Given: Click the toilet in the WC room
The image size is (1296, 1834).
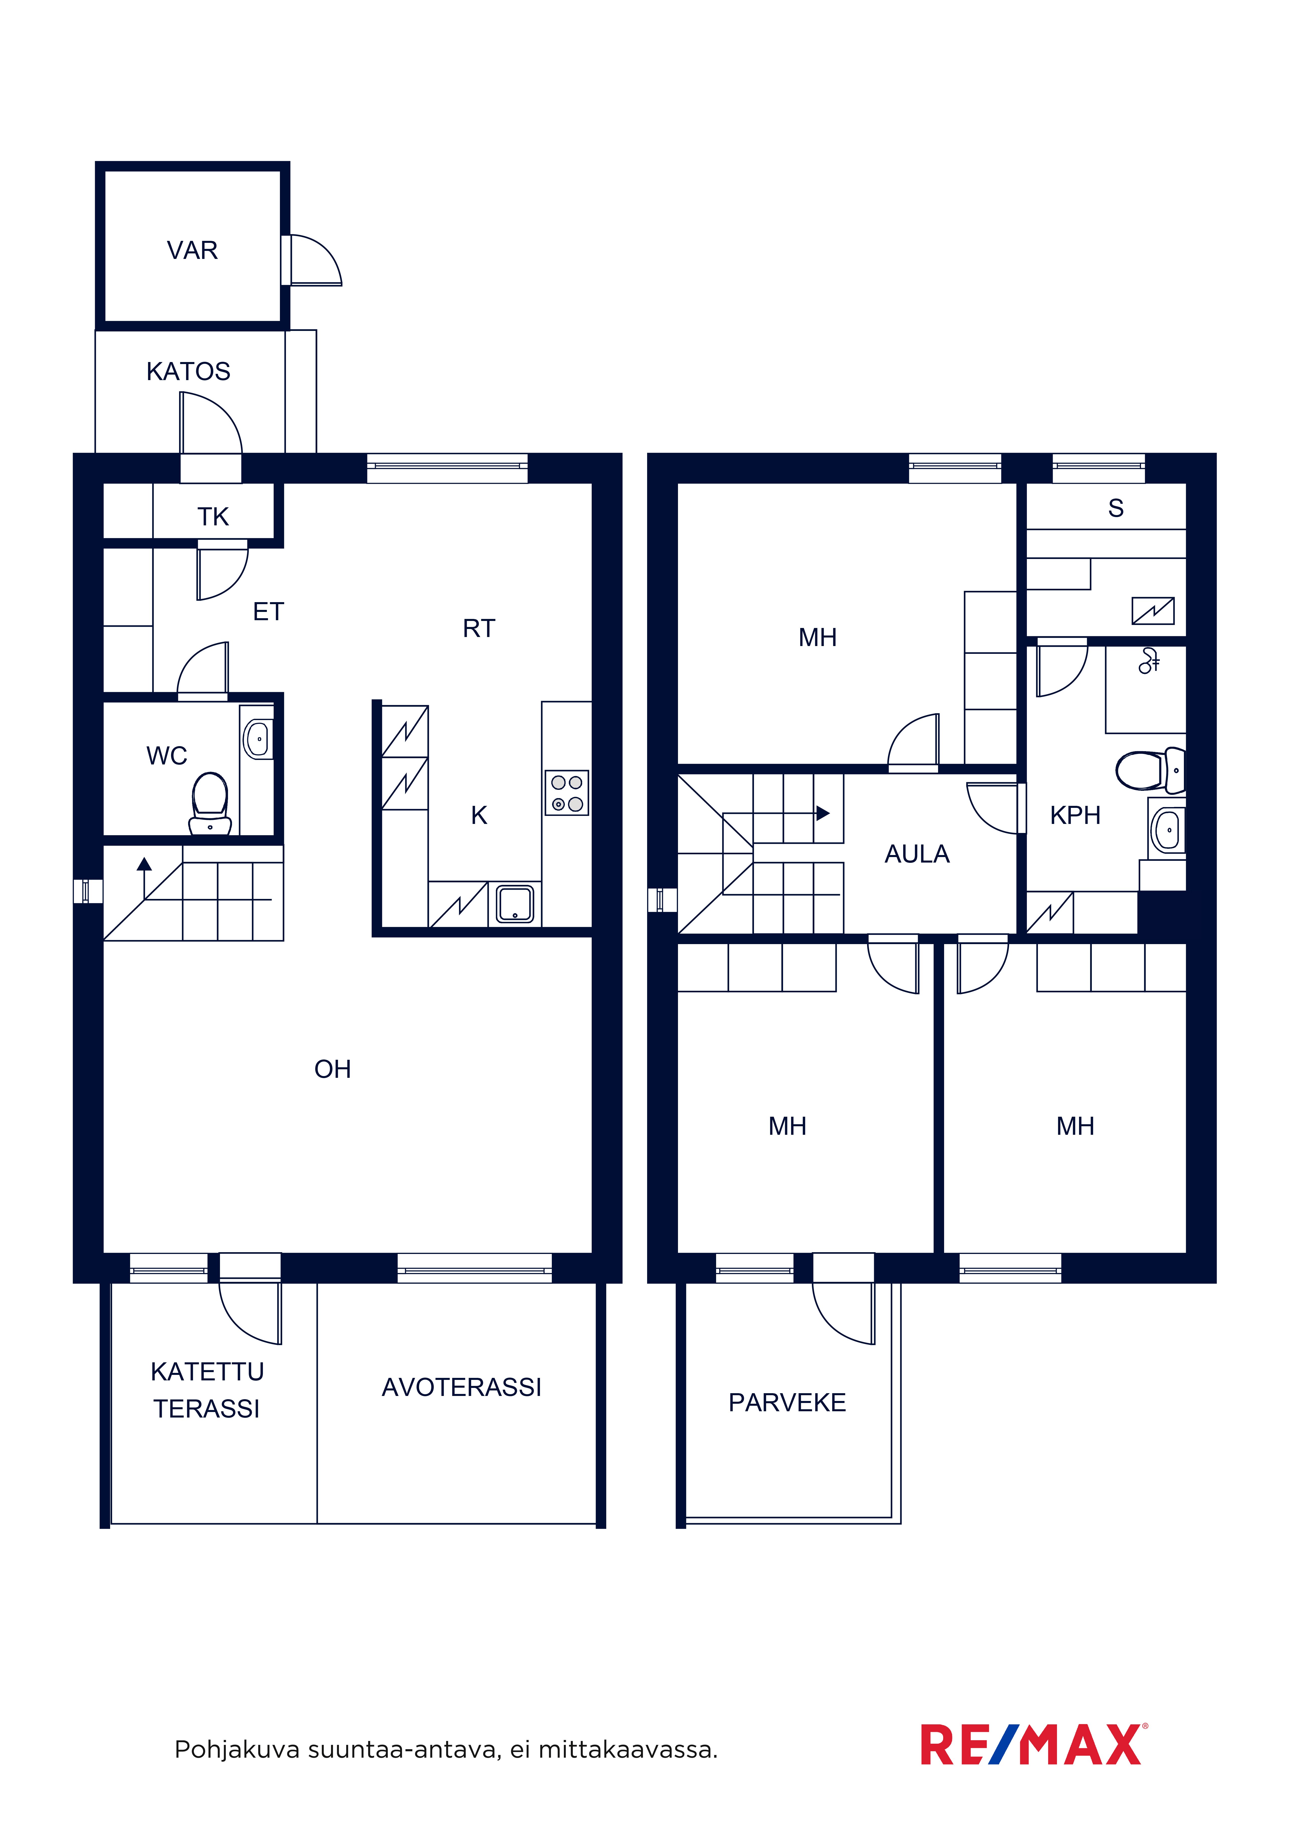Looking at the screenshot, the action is (210, 803).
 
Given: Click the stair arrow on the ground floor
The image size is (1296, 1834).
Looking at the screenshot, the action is (144, 879).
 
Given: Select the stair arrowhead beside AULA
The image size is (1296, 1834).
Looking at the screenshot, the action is (823, 814).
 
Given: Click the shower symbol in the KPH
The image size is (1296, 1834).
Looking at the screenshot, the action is (1149, 661).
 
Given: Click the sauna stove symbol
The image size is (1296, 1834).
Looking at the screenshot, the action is (1153, 611).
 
